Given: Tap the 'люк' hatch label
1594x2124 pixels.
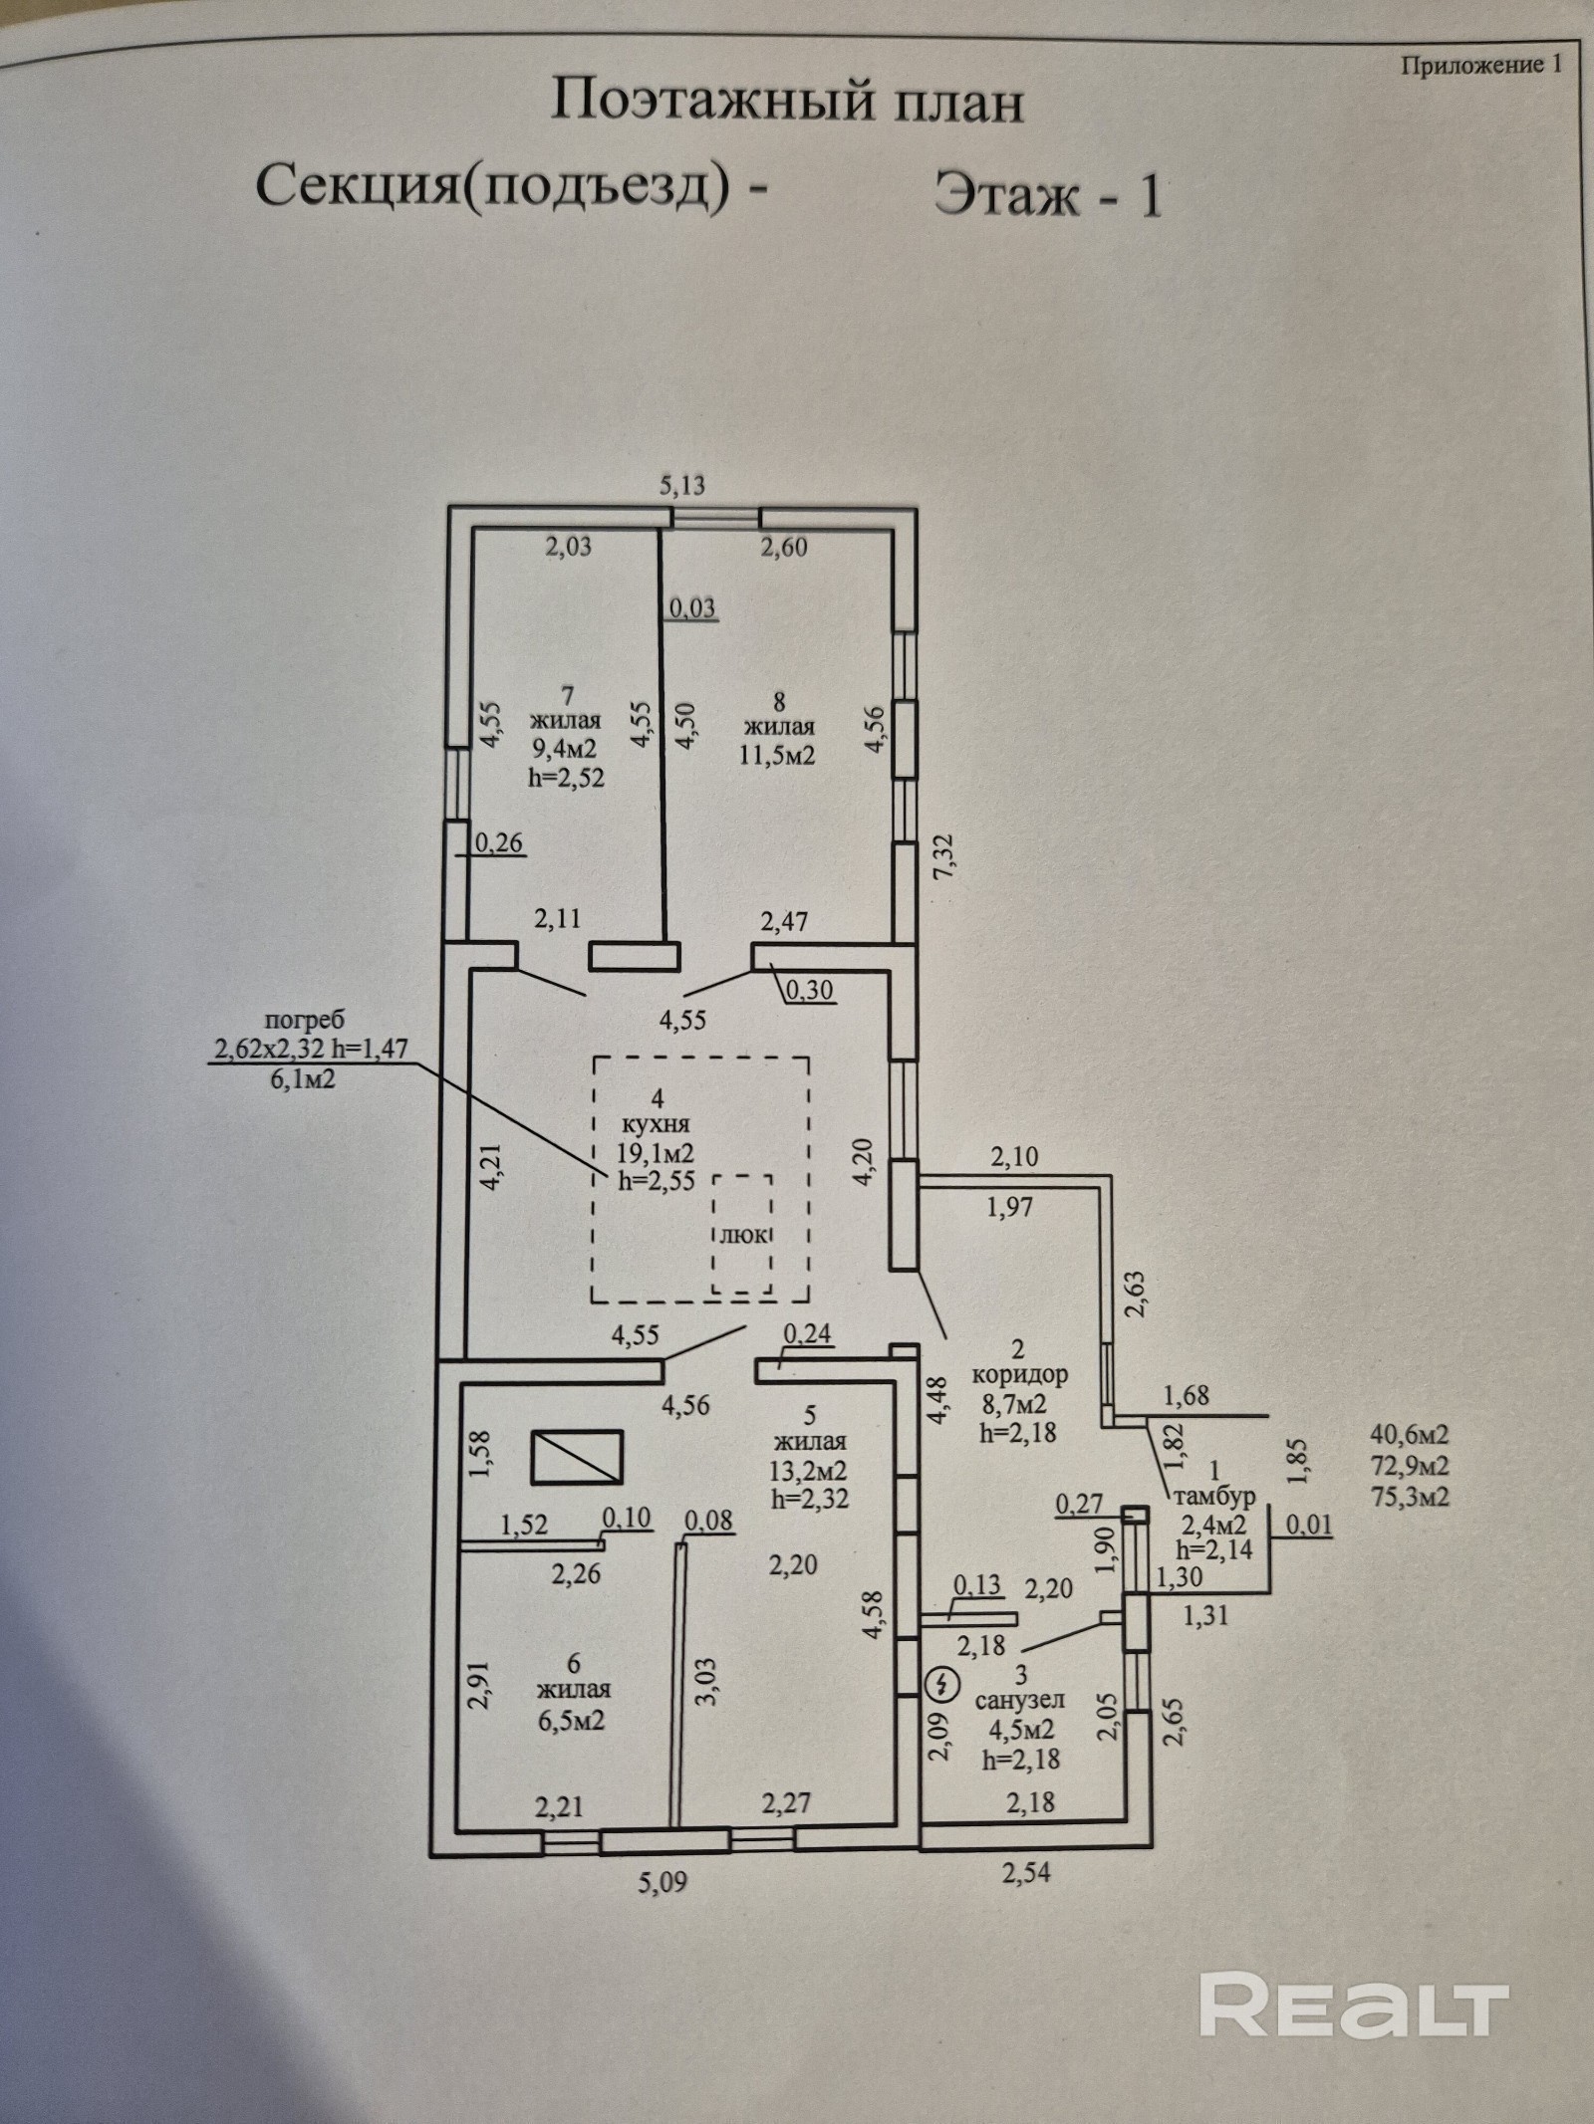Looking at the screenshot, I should coord(743,1236).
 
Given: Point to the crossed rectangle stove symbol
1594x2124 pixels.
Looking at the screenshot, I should coord(577,1456).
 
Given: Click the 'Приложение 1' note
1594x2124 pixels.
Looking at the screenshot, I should coord(1480,66).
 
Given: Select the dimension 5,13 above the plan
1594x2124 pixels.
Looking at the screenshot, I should coord(682,485).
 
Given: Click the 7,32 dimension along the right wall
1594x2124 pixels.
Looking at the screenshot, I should coord(944,854).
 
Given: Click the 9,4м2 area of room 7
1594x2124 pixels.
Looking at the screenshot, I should coord(567,750).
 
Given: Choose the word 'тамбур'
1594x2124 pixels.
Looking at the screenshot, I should coord(1214,1496).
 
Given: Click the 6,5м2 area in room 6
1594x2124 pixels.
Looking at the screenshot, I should coord(573,1721).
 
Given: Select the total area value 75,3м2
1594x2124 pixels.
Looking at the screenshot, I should coord(1409,1497).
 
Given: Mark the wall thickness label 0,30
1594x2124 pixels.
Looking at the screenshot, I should coord(810,991).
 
